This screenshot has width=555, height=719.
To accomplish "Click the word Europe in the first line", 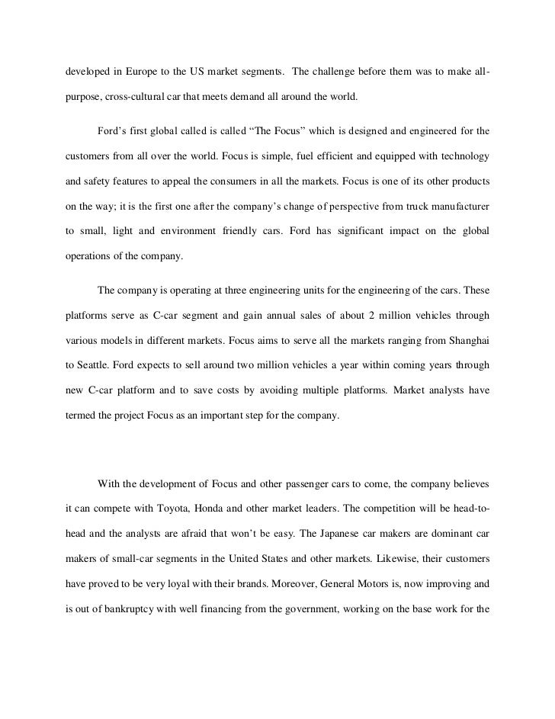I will [145, 72].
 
